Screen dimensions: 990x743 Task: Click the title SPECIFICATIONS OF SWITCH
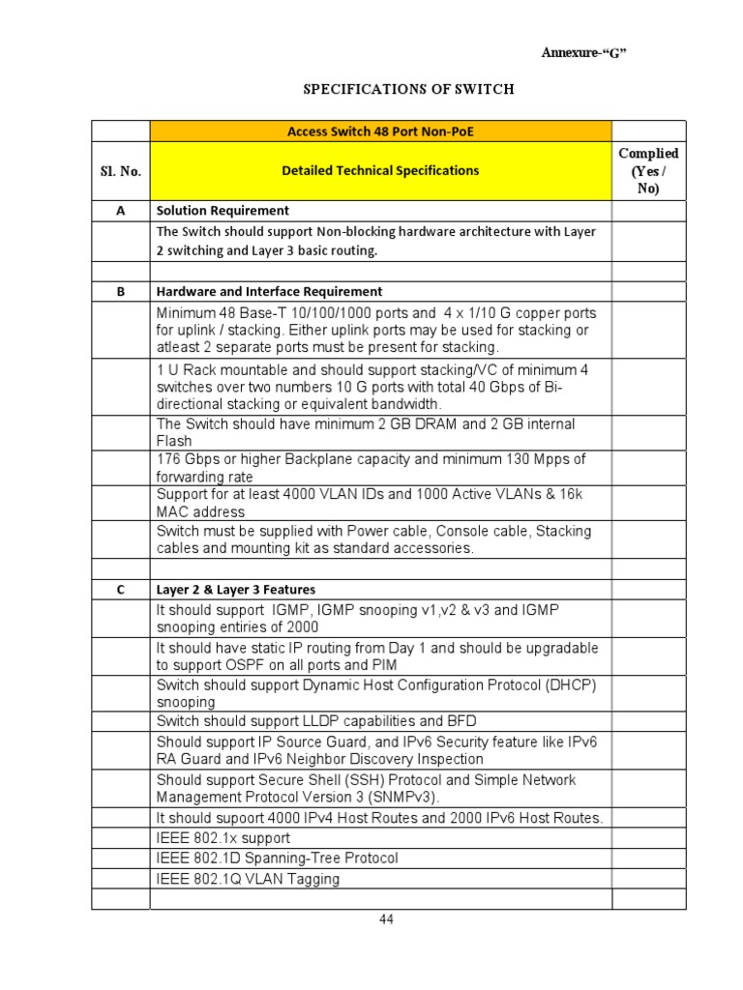point(409,89)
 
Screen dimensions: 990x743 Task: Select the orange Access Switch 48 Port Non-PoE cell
point(380,131)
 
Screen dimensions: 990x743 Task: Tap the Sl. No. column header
point(120,171)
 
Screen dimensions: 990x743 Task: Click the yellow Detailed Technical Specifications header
point(380,171)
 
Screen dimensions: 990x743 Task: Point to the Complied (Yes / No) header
point(648,171)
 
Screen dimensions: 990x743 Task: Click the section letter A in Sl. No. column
point(120,211)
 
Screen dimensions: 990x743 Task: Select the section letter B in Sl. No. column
point(120,291)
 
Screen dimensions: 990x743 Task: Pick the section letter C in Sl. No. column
point(120,589)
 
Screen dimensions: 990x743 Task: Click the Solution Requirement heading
point(223,211)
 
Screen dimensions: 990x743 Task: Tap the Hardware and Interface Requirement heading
point(269,291)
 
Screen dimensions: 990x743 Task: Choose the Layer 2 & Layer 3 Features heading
point(236,589)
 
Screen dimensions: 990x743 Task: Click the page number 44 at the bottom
point(386,919)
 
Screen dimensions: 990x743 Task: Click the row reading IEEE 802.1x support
point(223,838)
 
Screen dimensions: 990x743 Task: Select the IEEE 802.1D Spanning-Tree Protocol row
point(277,859)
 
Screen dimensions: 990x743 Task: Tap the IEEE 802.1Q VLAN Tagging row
point(248,879)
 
